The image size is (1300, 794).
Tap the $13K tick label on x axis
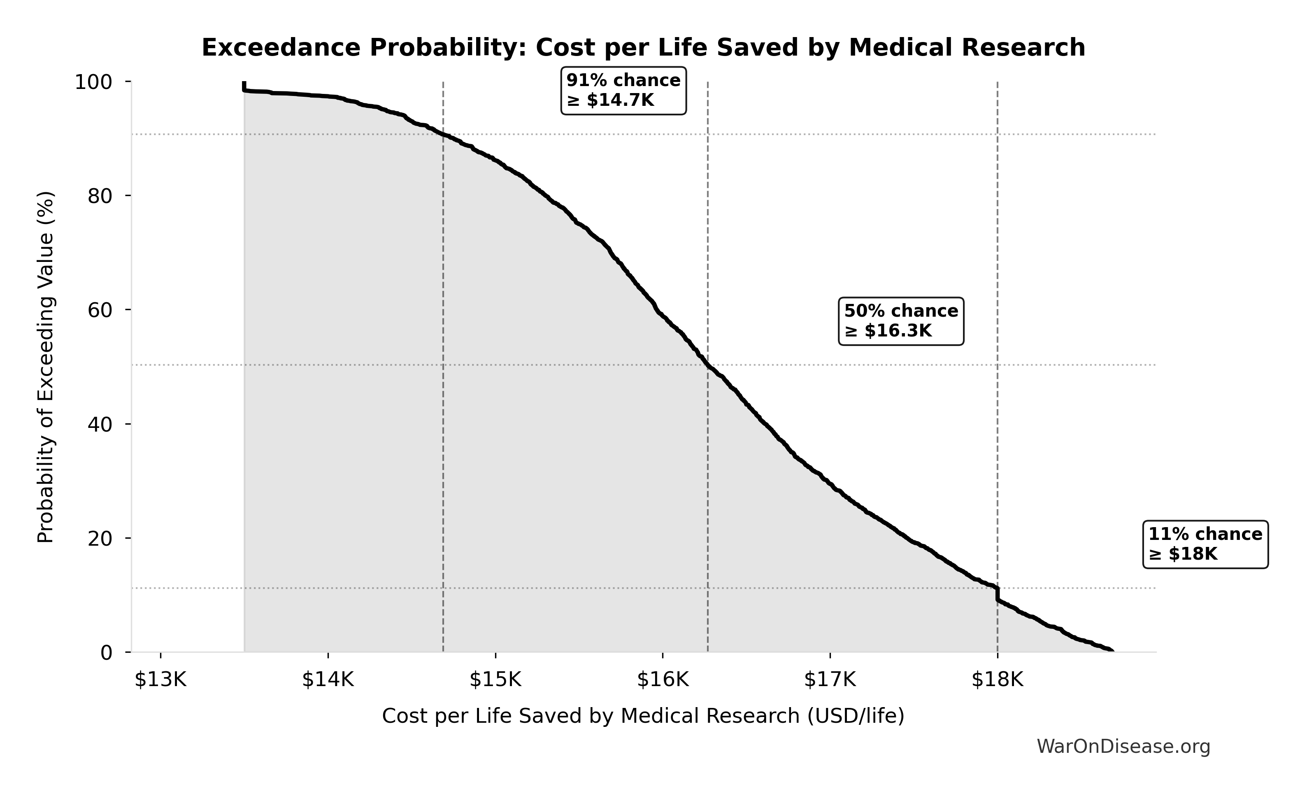160,680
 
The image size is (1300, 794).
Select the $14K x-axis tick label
328,680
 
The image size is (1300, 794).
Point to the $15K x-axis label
495,680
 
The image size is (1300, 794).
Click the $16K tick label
663,680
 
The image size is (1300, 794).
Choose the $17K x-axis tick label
830,680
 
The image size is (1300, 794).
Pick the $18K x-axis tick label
997,680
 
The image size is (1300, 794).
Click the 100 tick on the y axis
93,82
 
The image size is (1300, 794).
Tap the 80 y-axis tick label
100,196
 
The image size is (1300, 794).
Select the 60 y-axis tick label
100,311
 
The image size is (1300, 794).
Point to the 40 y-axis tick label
100,425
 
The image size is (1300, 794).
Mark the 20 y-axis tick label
100,539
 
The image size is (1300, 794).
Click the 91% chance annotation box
623,90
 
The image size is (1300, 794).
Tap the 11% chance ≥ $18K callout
1205,544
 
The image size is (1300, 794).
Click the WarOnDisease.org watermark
1123,747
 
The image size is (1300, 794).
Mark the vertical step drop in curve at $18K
997,594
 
